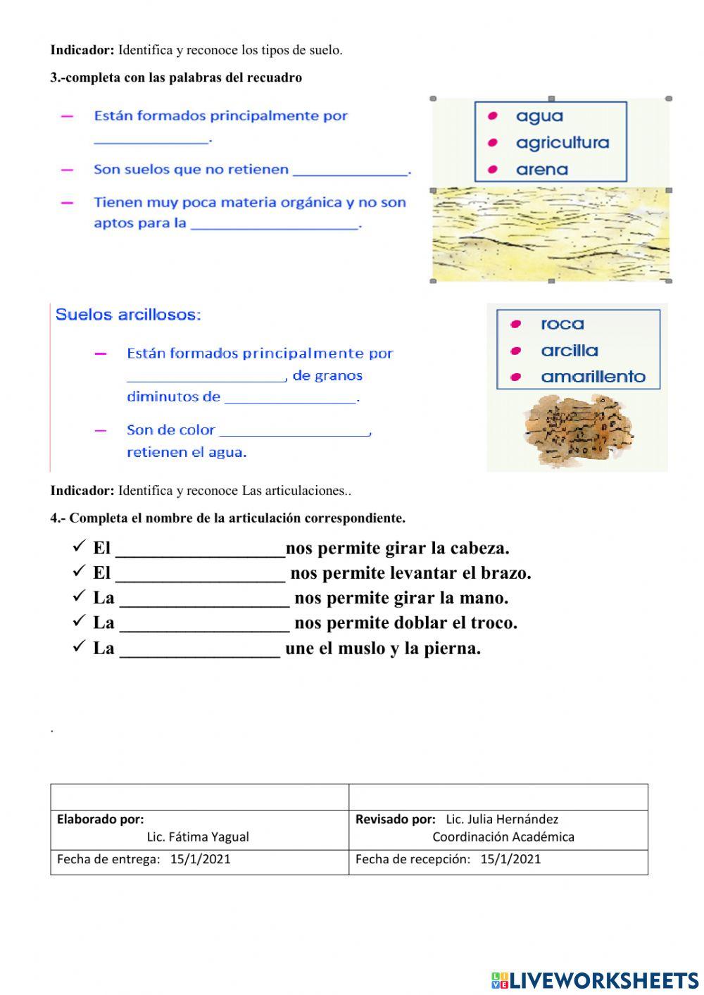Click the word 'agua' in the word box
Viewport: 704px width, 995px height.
pyautogui.click(x=539, y=116)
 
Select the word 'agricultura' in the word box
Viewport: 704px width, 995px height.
pyautogui.click(x=562, y=143)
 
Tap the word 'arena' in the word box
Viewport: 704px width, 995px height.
pyautogui.click(x=541, y=170)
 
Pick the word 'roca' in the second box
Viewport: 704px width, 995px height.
pyautogui.click(x=562, y=325)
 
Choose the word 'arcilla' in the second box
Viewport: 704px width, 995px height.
pyautogui.click(x=569, y=351)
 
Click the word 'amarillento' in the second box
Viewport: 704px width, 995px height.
pyautogui.click(x=593, y=377)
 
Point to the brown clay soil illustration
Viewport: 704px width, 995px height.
pyautogui.click(x=577, y=430)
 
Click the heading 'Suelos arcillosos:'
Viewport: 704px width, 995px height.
pyautogui.click(x=128, y=315)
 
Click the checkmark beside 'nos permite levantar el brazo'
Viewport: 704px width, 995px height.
pyautogui.click(x=79, y=572)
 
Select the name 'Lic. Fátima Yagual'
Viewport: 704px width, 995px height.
pyautogui.click(x=198, y=837)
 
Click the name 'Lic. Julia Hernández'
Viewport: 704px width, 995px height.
pyautogui.click(x=502, y=820)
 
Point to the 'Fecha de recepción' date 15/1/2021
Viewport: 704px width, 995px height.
pyautogui.click(x=510, y=859)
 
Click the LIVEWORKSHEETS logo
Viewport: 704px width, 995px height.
pyautogui.click(x=595, y=980)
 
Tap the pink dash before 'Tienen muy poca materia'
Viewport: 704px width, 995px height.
pyautogui.click(x=68, y=203)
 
